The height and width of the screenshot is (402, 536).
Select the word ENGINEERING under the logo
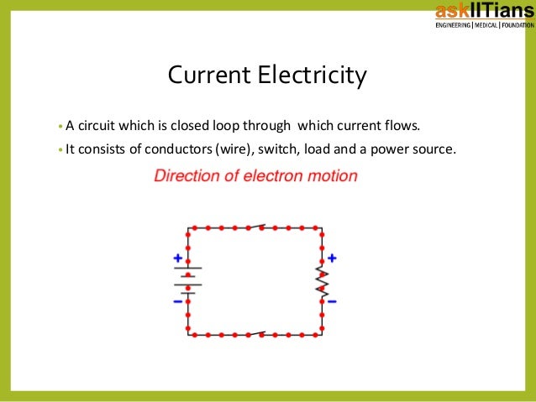452,24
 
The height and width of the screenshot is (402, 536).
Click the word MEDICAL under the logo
486,24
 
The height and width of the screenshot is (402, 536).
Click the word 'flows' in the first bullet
400,127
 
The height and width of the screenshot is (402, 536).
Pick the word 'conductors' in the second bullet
179,150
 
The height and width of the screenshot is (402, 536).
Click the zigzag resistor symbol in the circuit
322,279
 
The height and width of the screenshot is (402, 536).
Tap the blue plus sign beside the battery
177,258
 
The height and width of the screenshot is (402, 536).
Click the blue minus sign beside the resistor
333,300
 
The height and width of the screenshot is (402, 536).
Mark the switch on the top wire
255,227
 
